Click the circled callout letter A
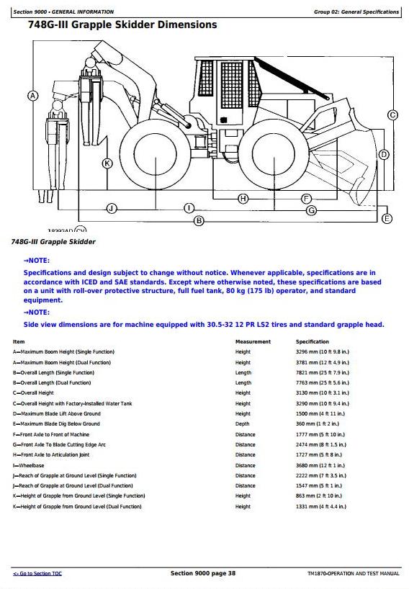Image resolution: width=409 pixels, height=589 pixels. (x=33, y=96)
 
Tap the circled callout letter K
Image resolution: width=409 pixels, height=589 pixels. (x=107, y=163)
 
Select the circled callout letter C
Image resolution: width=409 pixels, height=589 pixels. (x=393, y=115)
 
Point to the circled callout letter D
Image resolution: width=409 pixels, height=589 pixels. (x=384, y=154)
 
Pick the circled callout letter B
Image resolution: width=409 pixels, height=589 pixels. (x=199, y=221)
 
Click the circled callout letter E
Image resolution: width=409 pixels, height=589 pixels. (x=387, y=219)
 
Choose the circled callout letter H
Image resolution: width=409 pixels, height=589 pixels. (x=243, y=199)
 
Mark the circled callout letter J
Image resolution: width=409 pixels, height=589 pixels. (x=112, y=209)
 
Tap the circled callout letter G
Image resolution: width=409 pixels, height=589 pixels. (x=312, y=210)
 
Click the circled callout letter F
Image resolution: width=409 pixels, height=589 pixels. (x=307, y=199)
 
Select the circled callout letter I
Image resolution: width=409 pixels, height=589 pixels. (x=189, y=208)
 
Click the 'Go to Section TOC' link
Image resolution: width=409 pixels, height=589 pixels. (x=37, y=573)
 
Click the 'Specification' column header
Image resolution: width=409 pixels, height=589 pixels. (x=312, y=341)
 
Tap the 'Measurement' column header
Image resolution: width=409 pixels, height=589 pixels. (x=253, y=341)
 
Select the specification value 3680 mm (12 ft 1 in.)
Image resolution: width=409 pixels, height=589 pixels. (x=320, y=465)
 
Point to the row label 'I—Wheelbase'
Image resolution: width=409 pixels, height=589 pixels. (x=29, y=465)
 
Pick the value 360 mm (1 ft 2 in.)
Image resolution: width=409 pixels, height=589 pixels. (x=318, y=423)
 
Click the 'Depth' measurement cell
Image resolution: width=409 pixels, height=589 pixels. (x=242, y=423)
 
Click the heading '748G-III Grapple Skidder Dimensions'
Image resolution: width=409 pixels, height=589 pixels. (x=122, y=24)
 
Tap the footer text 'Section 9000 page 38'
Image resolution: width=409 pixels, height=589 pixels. (x=203, y=573)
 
